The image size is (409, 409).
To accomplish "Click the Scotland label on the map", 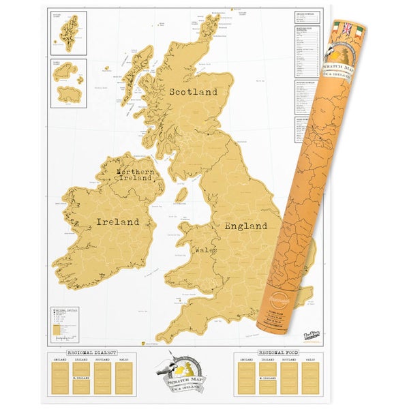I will [x=193, y=91].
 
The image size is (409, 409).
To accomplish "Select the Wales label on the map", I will [x=203, y=250].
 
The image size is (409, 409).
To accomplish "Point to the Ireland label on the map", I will [x=117, y=222].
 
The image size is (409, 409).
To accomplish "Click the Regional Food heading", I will [x=276, y=354].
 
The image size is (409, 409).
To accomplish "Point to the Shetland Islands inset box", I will [x=68, y=32].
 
